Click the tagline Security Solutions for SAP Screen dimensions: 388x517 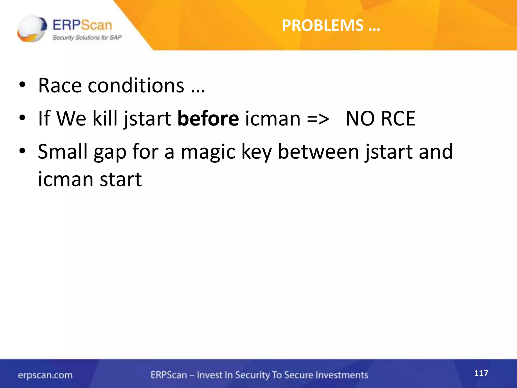87,38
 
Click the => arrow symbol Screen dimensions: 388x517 318,119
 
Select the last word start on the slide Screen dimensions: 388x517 121,179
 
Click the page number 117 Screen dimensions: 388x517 481,373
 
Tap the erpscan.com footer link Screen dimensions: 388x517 45,375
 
